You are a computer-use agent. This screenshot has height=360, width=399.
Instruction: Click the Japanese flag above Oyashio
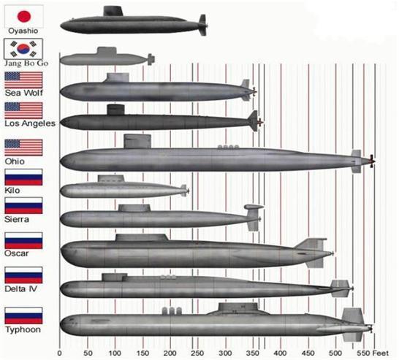(24, 16)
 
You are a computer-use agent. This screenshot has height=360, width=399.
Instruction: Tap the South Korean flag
(23, 49)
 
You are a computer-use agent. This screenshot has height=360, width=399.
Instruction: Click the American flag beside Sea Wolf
(23, 80)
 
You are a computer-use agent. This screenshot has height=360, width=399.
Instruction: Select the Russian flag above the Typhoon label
(23, 315)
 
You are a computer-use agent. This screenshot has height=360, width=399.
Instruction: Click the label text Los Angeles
(30, 123)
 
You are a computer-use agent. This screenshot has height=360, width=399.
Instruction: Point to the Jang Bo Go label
(26, 64)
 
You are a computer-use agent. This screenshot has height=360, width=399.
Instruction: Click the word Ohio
(15, 161)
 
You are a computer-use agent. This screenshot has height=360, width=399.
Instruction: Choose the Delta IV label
(21, 289)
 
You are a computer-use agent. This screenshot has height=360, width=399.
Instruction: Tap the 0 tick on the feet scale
(59, 353)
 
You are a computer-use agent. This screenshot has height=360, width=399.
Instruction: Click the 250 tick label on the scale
(197, 353)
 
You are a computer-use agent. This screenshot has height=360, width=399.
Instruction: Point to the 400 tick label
(281, 353)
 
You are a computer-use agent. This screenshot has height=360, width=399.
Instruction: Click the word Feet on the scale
(381, 353)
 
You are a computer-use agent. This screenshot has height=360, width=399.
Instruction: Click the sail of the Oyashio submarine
(113, 11)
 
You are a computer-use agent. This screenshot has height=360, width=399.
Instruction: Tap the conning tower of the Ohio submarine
(137, 142)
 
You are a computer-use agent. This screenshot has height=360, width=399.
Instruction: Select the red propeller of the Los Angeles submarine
(260, 122)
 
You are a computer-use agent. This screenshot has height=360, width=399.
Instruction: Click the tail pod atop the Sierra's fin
(254, 207)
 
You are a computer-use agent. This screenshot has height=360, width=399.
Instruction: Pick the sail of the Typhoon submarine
(238, 307)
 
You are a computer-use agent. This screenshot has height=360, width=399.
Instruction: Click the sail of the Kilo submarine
(111, 178)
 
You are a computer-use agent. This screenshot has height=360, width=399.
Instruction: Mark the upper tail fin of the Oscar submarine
(311, 244)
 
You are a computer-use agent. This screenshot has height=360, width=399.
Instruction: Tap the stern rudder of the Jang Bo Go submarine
(151, 59)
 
